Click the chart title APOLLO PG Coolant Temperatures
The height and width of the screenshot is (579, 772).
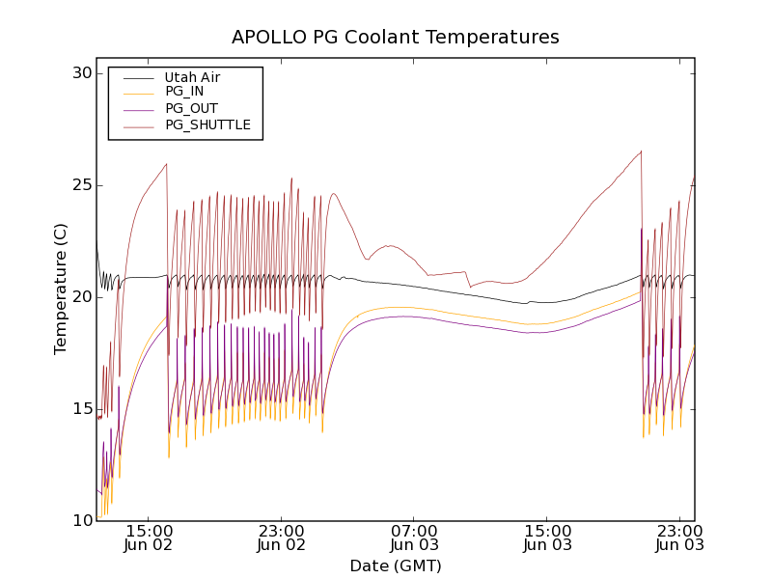pos(396,38)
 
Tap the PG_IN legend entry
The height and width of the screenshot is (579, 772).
pos(184,92)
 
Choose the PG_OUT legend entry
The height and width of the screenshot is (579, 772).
pos(191,108)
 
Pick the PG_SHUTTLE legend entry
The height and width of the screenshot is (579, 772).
pos(207,124)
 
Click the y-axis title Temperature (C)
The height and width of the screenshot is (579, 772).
pos(61,289)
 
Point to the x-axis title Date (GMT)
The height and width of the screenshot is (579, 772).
pos(396,565)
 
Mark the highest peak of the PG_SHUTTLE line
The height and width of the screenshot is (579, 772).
pos(641,151)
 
